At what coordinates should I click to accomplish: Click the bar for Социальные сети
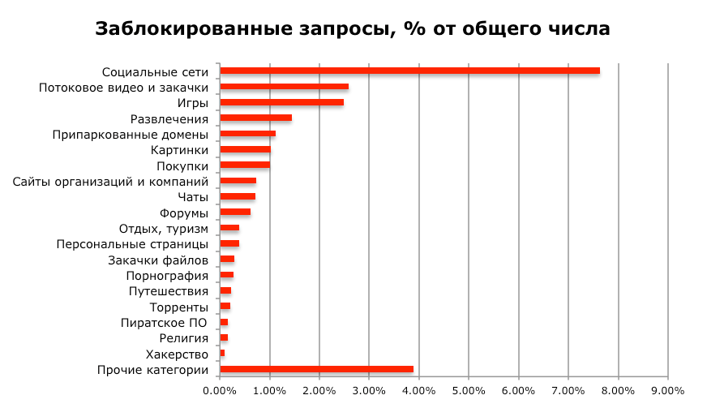(409, 71)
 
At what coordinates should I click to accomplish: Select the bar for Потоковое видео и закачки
(284, 87)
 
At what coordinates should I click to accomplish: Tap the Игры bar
(281, 102)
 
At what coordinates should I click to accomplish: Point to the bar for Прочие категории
(316, 370)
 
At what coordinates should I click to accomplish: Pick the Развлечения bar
(255, 118)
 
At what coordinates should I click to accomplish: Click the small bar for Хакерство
(222, 354)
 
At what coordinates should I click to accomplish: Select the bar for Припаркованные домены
(247, 134)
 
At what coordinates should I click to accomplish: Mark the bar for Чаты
(238, 196)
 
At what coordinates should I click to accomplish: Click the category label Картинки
(180, 150)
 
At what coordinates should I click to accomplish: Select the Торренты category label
(179, 307)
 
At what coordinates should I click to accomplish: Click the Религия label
(184, 338)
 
